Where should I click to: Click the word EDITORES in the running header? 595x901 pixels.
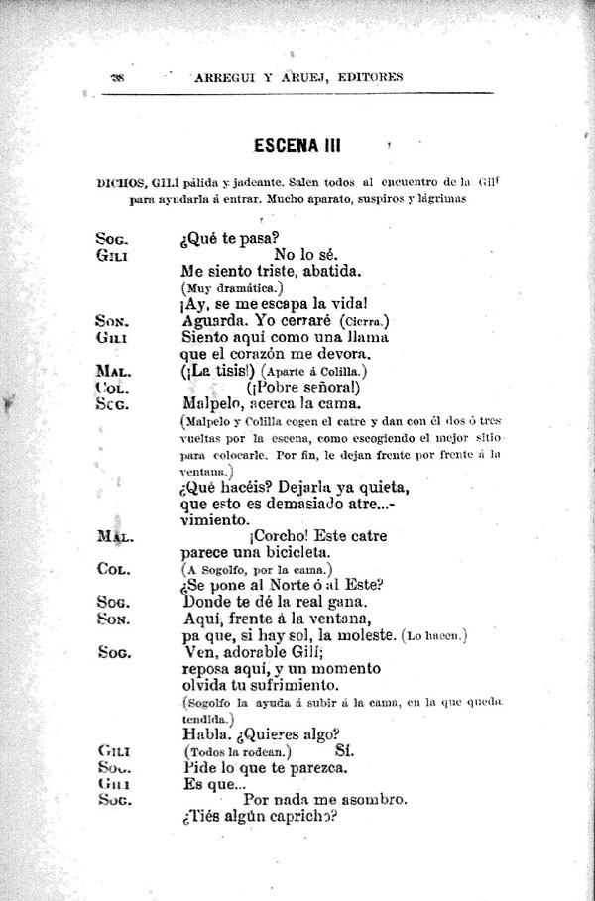pyautogui.click(x=365, y=77)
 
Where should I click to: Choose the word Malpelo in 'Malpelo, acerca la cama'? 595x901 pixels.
pyautogui.click(x=218, y=404)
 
